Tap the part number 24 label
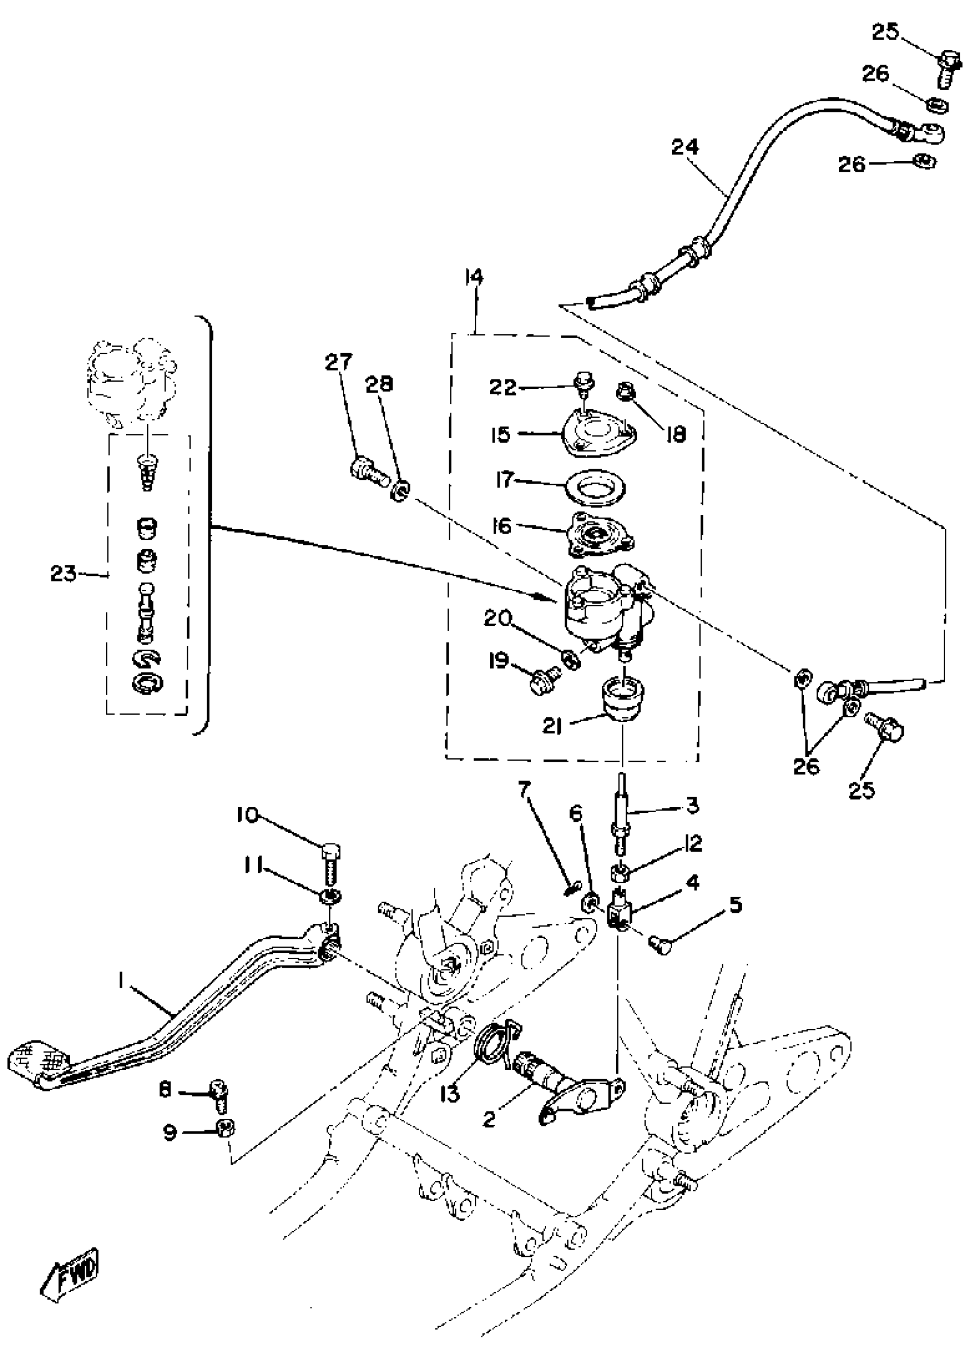coord(685,147)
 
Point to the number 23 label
coord(63,574)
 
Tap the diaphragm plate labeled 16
coord(599,530)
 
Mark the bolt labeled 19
coord(543,681)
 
